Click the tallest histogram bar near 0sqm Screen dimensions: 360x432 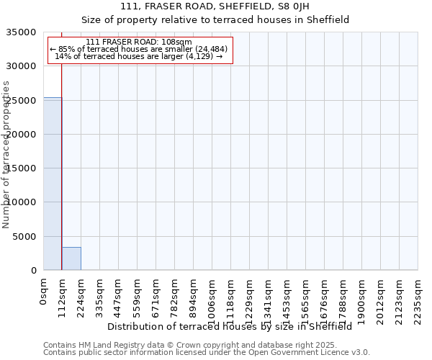[x=53, y=184]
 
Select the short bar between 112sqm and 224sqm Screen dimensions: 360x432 [x=71, y=258]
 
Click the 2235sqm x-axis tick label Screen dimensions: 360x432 [x=418, y=297]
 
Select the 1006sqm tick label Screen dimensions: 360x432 [x=212, y=297]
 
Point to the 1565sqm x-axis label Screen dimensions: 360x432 [x=306, y=297]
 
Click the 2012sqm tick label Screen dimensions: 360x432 [x=381, y=297]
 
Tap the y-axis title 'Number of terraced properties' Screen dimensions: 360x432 [x=6, y=155]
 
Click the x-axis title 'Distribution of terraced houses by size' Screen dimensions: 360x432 [x=229, y=326]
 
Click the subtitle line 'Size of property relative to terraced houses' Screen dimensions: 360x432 [x=215, y=19]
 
